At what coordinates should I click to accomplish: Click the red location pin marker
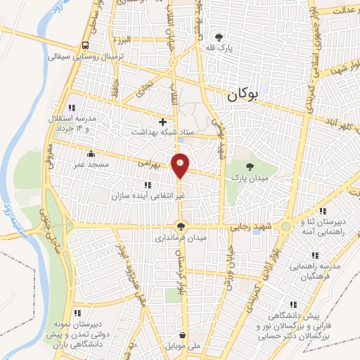(x=181, y=165)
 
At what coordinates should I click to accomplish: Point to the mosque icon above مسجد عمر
(x=89, y=154)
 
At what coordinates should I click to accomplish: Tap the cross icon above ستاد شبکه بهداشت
(x=162, y=121)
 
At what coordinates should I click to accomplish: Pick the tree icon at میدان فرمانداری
(x=181, y=226)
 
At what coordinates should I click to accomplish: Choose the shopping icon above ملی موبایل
(x=183, y=335)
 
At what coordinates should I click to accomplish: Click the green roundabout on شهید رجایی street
(x=285, y=227)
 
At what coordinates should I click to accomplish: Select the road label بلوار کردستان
(x=179, y=278)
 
